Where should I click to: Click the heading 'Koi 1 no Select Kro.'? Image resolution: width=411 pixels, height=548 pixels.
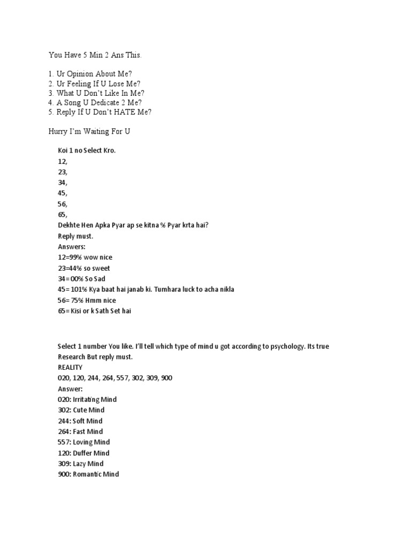click(87, 150)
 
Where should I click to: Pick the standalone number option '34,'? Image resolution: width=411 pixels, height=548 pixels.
click(63, 182)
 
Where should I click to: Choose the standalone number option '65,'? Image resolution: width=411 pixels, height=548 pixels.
click(63, 215)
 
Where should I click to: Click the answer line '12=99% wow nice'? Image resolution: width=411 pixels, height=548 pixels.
click(85, 257)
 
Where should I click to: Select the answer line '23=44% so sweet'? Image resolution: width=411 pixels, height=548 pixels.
click(84, 268)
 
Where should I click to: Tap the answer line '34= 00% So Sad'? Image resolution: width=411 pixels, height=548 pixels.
click(83, 279)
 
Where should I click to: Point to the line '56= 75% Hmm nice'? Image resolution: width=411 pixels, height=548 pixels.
click(87, 300)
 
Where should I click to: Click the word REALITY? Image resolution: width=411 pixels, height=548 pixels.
click(70, 368)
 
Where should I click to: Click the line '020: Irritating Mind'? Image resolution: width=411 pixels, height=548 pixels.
click(87, 400)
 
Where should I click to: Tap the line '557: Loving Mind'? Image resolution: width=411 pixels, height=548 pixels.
click(84, 443)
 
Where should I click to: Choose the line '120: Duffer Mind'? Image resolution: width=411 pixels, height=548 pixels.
click(83, 453)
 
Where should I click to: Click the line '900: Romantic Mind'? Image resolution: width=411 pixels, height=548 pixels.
click(88, 475)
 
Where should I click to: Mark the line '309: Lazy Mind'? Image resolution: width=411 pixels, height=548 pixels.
click(81, 464)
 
